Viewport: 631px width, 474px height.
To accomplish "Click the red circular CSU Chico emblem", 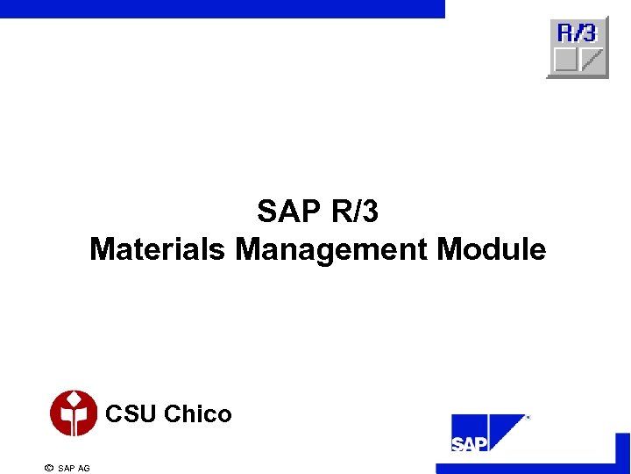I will click(74, 413).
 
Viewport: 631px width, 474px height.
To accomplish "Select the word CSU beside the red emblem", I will click(131, 413).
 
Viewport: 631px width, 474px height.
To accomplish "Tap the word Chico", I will click(198, 413).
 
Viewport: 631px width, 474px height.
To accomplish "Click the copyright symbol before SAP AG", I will click(48, 468).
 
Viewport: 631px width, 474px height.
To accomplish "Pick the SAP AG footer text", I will click(74, 468).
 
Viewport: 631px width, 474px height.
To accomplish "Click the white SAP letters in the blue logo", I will click(469, 443).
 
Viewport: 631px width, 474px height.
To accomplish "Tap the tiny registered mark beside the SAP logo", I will click(528, 418).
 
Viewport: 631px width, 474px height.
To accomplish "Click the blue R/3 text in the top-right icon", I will click(577, 33).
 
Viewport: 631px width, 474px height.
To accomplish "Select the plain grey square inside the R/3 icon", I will click(566, 60).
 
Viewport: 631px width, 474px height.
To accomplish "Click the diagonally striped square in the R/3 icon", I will click(592, 60).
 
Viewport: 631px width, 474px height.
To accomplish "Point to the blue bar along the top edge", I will click(223, 9).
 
